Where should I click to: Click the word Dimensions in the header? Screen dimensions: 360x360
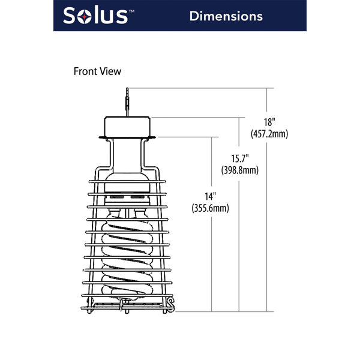(226, 16)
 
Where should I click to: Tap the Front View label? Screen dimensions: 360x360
(97, 71)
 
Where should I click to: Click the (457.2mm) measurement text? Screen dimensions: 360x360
(269, 134)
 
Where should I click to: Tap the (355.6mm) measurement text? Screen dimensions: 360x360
(210, 209)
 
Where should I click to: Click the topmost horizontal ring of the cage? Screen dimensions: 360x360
(127, 180)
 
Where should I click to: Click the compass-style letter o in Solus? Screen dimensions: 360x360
(89, 16)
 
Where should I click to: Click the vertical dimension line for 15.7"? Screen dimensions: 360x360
(239, 252)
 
